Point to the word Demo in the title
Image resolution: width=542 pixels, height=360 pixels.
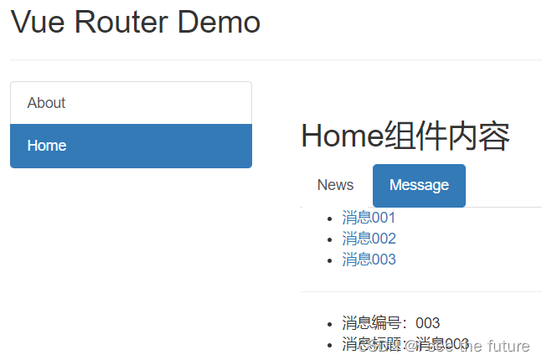coord(225,22)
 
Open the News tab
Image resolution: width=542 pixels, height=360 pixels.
coord(335,185)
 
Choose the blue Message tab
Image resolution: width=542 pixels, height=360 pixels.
coord(419,185)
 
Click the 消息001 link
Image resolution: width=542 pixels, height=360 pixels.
coord(369,218)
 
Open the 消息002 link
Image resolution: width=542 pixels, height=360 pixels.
coord(369,239)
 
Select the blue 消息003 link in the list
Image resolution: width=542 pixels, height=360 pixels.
coord(369,260)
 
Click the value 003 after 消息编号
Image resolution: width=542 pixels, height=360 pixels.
coord(427,323)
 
